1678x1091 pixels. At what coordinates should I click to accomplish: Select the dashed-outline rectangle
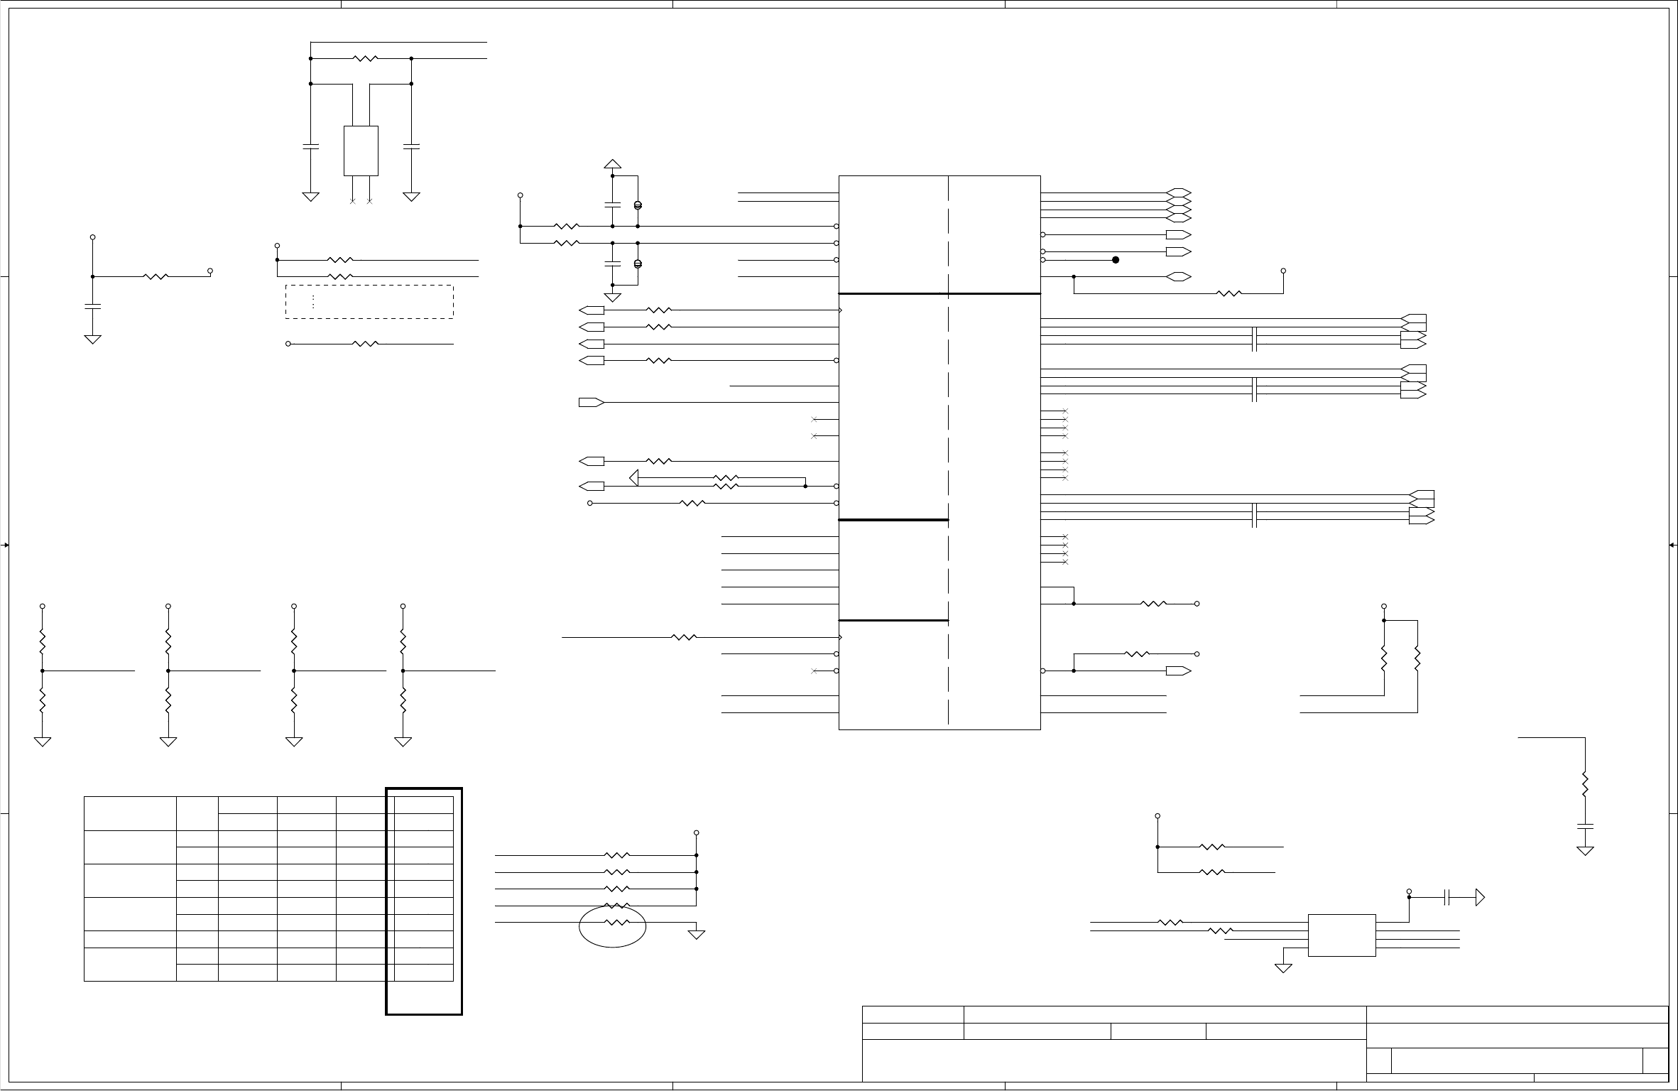coord(369,302)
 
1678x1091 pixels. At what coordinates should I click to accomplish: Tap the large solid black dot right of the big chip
coord(1116,260)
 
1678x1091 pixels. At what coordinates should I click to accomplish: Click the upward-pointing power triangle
coord(612,163)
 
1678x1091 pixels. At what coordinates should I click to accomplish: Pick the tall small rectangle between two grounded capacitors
coord(361,151)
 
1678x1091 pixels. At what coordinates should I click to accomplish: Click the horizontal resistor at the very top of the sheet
coord(365,58)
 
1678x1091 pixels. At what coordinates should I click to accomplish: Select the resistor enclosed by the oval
coord(616,923)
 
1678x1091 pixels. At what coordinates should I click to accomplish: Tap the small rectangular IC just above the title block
coord(1341,935)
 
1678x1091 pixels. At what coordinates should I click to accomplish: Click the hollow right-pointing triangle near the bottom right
coord(1480,898)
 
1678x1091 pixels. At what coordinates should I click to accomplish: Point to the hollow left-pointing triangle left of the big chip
coord(634,478)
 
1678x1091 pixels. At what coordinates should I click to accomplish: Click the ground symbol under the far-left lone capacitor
coord(92,340)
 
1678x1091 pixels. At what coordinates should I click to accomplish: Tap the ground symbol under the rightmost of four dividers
coord(403,742)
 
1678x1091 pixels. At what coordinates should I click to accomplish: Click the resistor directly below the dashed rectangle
coord(365,344)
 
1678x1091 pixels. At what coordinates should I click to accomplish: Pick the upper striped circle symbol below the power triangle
coord(638,205)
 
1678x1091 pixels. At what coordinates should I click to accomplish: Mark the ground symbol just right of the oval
coord(697,934)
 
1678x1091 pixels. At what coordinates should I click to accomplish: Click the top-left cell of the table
coord(130,813)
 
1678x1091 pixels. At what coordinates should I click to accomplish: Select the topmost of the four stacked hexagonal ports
coord(1179,193)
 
